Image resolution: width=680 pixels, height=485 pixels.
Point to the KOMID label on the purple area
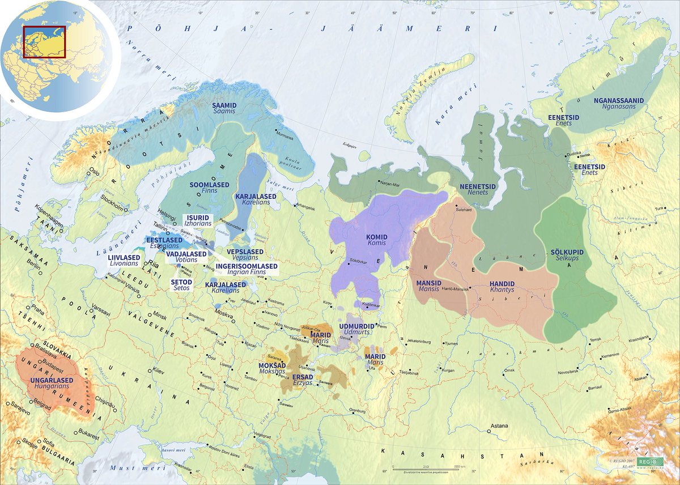point(376,239)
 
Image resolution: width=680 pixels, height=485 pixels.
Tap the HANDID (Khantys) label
point(502,287)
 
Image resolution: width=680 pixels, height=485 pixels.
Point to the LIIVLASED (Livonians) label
point(123,260)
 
